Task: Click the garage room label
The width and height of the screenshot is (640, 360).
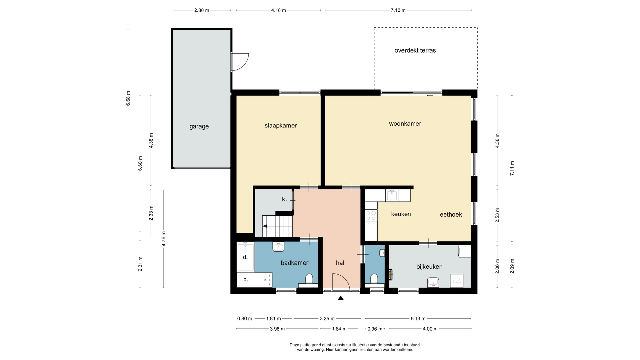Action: coord(199,126)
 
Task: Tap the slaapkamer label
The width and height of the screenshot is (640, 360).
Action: coord(281,126)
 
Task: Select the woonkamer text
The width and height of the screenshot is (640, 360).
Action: coord(405,124)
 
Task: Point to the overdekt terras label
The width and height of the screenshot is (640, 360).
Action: coord(415,51)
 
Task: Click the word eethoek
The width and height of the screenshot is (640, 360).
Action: coord(451,215)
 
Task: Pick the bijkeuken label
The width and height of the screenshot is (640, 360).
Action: coord(429,267)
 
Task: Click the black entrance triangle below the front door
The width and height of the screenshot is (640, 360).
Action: coord(341,298)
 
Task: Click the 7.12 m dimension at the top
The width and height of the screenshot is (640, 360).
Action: coord(398,10)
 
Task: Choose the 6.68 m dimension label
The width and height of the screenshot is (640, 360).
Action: coord(128,98)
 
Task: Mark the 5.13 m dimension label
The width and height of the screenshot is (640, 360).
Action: coord(418,319)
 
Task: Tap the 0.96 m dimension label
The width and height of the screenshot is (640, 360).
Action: coord(375,329)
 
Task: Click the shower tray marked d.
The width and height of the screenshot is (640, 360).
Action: coord(245,257)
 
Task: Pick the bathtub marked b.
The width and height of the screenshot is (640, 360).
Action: coord(254,280)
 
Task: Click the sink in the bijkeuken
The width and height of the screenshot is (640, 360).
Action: coord(433,283)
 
